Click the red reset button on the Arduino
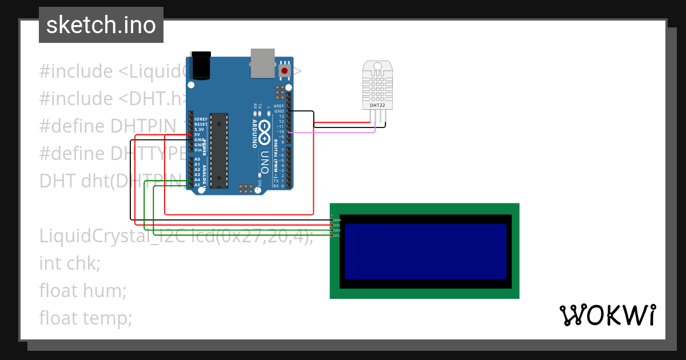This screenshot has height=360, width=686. pyautogui.click(x=284, y=71)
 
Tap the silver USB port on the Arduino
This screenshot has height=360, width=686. pyautogui.click(x=262, y=62)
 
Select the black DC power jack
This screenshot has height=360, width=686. pyautogui.click(x=201, y=66)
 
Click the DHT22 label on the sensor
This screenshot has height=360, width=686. pyautogui.click(x=377, y=105)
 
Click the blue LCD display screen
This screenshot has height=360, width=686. pyautogui.click(x=425, y=251)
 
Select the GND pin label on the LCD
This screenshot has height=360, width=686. pyautogui.click(x=337, y=220)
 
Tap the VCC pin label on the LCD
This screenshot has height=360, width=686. pyautogui.click(x=337, y=225)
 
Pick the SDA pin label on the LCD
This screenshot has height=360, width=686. pyautogui.click(x=337, y=230)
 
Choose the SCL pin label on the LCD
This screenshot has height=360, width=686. pyautogui.click(x=337, y=235)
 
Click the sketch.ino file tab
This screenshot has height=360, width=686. pyautogui.click(x=101, y=25)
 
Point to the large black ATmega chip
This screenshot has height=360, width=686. pyautogui.click(x=219, y=150)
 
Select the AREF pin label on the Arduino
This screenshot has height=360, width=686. pyautogui.click(x=279, y=106)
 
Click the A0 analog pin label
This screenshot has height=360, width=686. pyautogui.click(x=197, y=159)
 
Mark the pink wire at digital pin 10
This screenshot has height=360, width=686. pyautogui.click(x=332, y=133)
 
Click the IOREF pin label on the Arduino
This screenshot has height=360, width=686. pyautogui.click(x=200, y=119)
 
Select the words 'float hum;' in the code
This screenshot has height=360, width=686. pyautogui.click(x=83, y=290)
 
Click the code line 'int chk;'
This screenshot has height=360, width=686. pyautogui.click(x=70, y=263)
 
